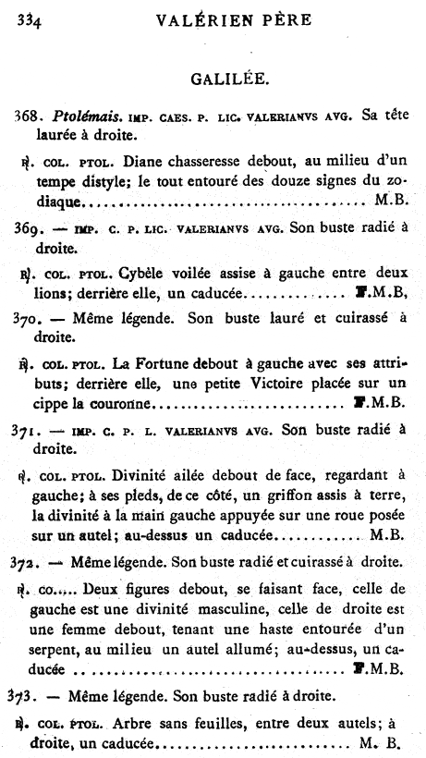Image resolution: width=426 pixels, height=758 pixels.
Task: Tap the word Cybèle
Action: click(x=145, y=274)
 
